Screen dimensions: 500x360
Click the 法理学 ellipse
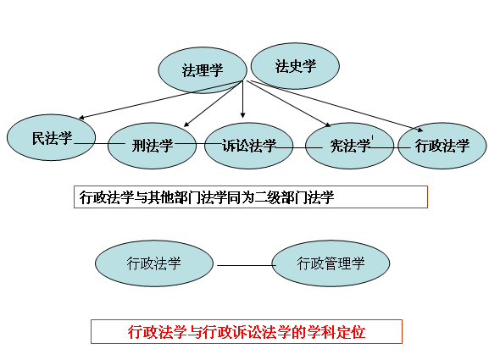click(203, 70)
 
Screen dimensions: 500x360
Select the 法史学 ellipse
click(295, 66)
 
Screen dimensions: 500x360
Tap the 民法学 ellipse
click(52, 137)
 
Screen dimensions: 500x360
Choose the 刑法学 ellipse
click(152, 146)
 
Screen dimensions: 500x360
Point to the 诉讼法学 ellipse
click(248, 146)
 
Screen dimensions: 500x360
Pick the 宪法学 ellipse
click(349, 146)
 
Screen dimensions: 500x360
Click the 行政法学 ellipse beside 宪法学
click(442, 146)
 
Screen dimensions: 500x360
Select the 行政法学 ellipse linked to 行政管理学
click(154, 263)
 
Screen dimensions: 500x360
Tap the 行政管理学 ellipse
click(331, 263)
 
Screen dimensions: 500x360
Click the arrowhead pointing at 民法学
click(81, 118)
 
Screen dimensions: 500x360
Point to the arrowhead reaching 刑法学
click(186, 125)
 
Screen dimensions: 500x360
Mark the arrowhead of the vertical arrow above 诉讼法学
click(243, 115)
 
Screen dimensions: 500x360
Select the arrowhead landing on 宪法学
click(328, 125)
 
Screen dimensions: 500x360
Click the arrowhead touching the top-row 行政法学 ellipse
click(420, 130)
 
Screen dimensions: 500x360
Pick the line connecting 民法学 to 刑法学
click(99, 143)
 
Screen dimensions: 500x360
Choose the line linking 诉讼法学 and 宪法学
click(299, 147)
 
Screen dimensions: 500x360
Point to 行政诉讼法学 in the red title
click(246, 332)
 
